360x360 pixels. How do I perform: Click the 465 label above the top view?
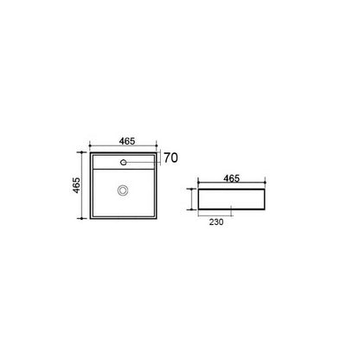tap(127, 141)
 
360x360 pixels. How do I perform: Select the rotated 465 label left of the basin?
tap(76, 185)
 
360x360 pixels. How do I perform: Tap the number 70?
tap(170, 157)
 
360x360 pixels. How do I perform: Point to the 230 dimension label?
tap(216, 222)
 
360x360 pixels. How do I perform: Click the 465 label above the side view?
tap(232, 178)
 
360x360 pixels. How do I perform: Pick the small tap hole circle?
tap(124, 163)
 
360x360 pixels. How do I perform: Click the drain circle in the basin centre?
tap(123, 190)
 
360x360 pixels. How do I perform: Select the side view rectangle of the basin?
tap(231, 199)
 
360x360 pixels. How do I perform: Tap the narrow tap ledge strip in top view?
tap(124, 162)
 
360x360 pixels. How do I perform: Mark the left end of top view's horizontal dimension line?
tap(90, 145)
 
